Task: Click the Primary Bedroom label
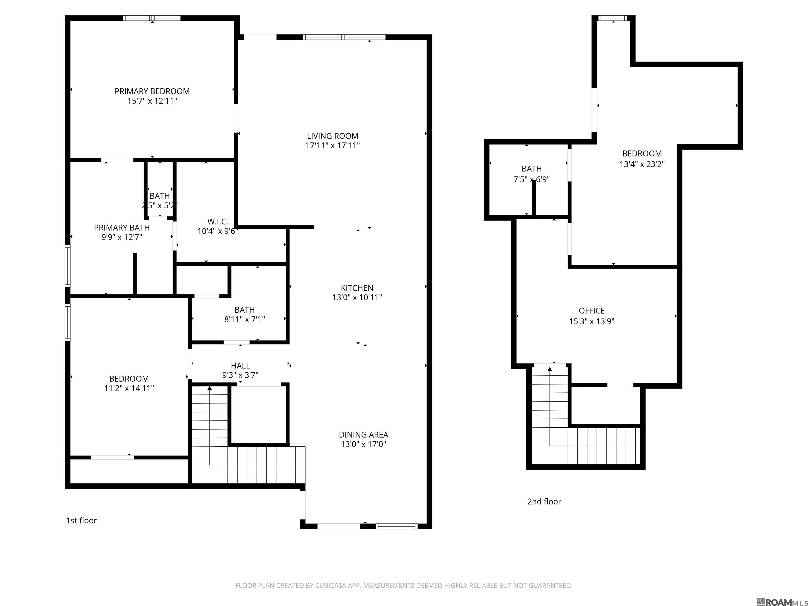(152, 91)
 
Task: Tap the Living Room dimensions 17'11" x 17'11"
(332, 145)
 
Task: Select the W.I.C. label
(218, 221)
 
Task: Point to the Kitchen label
(357, 288)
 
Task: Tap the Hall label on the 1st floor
(240, 365)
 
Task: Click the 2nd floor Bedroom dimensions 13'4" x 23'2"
(642, 164)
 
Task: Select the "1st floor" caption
(82, 521)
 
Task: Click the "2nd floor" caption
(544, 502)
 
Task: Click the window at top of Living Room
(344, 37)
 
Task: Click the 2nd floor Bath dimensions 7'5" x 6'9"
(532, 179)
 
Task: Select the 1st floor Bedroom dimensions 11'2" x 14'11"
(129, 388)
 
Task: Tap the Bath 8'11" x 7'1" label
(244, 310)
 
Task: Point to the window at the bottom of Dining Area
(396, 526)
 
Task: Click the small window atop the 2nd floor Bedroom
(612, 18)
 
